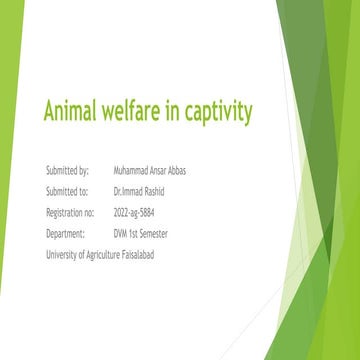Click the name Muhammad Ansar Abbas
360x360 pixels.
point(151,170)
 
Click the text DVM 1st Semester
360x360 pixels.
point(143,233)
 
